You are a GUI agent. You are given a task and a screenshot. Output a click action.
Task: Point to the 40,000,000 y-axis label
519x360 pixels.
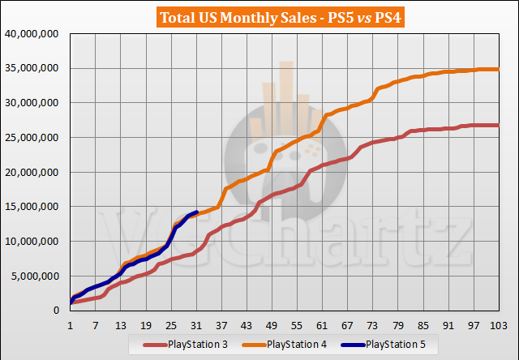33,34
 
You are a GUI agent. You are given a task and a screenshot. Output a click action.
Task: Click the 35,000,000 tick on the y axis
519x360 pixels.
33,69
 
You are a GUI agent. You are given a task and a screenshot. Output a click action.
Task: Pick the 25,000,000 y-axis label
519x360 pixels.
33,138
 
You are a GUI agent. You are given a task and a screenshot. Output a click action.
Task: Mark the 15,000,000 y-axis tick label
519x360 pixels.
33,207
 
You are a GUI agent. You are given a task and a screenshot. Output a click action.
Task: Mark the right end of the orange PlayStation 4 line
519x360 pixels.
497,70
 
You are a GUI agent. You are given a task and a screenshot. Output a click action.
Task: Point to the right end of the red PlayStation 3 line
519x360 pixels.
497,126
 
